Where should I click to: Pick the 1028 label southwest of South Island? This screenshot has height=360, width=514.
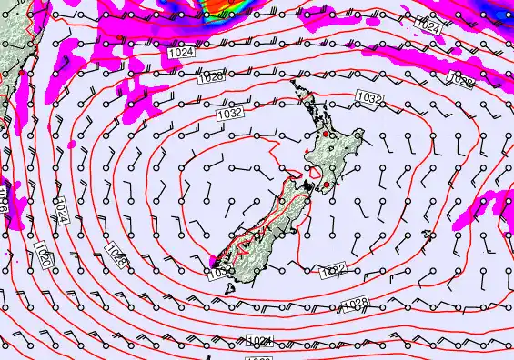click(x=116, y=255)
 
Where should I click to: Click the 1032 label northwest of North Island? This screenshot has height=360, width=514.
click(x=229, y=115)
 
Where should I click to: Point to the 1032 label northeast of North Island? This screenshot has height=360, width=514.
click(x=368, y=96)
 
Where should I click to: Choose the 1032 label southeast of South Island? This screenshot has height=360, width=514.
click(x=334, y=270)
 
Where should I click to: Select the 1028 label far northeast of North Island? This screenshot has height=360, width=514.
click(x=462, y=82)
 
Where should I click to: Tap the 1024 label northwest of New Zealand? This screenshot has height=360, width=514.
click(x=181, y=54)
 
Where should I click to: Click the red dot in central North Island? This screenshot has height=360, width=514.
click(x=325, y=135)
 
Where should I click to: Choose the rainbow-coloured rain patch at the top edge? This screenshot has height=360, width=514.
click(x=227, y=7)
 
